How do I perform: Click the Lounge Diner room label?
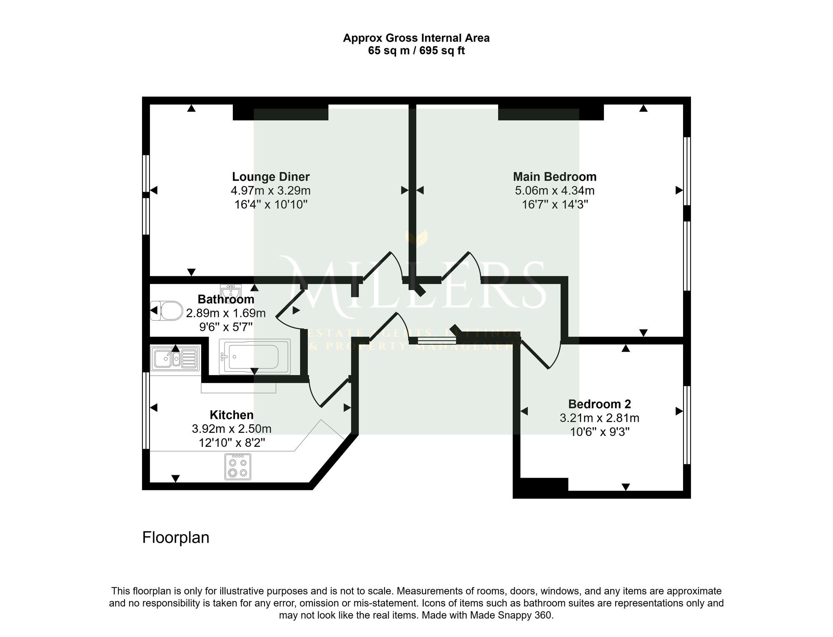pos(271,177)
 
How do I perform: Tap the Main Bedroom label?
pos(555,177)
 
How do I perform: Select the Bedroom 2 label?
pos(599,404)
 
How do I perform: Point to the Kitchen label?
pos(232,415)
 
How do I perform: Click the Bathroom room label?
pos(226,299)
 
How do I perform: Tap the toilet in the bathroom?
pos(167,311)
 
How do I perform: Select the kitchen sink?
pos(175,359)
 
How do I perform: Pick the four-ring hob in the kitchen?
pos(238,467)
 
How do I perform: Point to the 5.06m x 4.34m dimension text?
pos(555,191)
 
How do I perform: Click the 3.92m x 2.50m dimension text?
pos(232,429)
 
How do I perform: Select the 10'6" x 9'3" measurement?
pos(599,432)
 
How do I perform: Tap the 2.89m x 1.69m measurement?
pos(226,313)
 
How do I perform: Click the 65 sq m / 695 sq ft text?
pos(416,51)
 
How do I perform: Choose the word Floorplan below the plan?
pos(176,538)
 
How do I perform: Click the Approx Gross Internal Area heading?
pos(416,38)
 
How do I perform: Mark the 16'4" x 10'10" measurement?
pos(271,205)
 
